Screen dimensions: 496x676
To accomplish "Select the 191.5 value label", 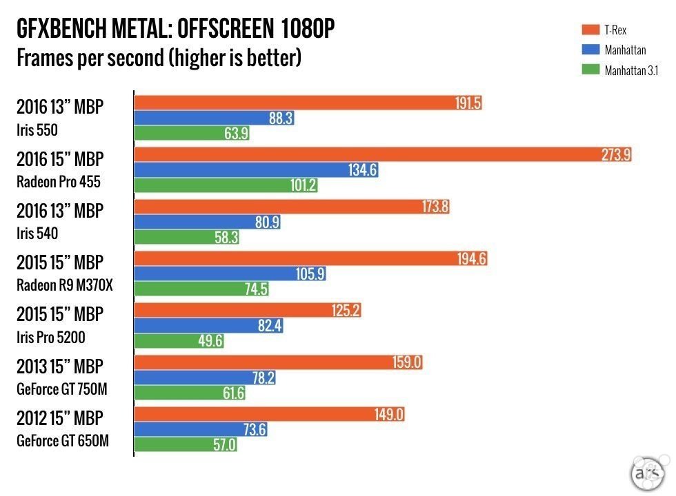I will pos(468,103).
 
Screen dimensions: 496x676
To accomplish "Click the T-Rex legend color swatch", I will pos(590,30).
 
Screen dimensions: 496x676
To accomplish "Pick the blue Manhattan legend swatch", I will pos(590,50).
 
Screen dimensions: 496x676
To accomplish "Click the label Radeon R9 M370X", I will pos(64,286).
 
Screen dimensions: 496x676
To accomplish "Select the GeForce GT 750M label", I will pos(62,389).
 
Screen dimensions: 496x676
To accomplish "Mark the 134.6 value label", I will pos(362,170).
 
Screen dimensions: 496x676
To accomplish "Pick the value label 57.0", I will pos(224,445).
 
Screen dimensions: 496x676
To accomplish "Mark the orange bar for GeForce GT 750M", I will pos(262,362).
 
